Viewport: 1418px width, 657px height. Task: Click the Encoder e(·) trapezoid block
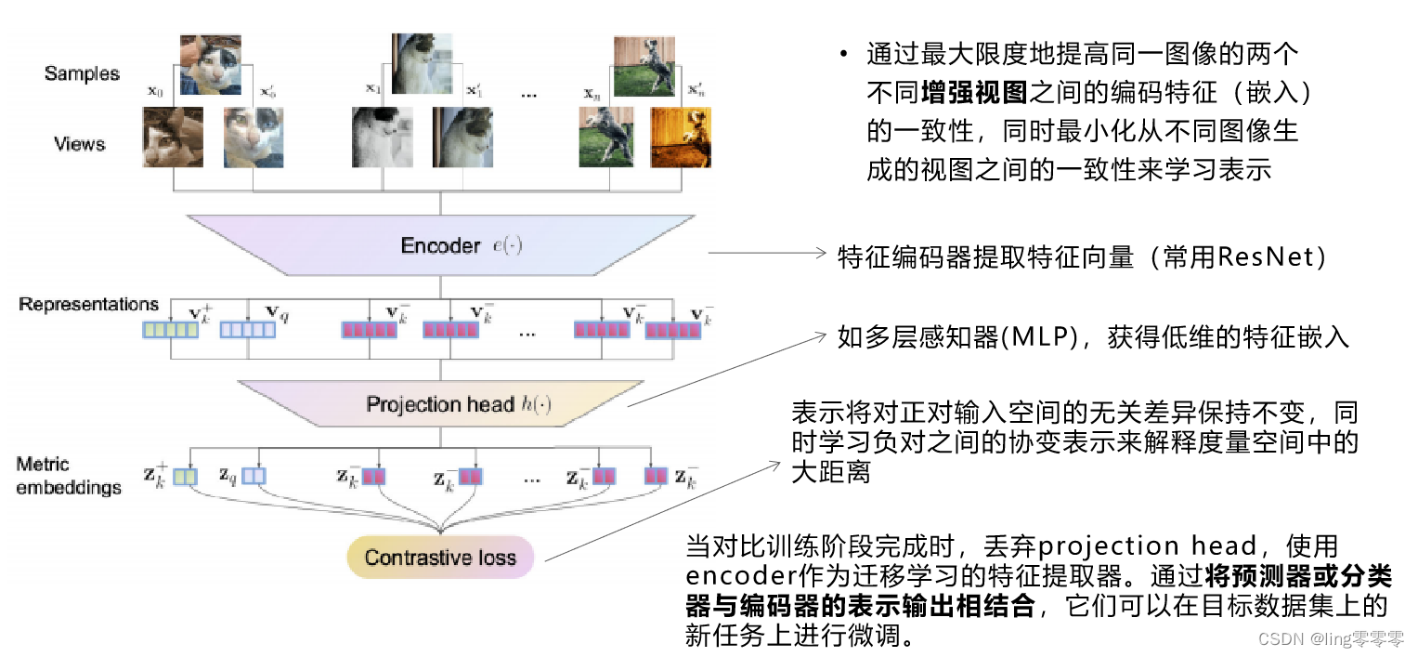point(441,245)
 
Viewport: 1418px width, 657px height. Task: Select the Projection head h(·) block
point(441,404)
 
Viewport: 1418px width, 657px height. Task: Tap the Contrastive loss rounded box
point(440,558)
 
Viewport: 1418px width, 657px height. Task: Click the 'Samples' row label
point(82,73)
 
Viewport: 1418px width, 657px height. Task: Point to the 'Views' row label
point(80,144)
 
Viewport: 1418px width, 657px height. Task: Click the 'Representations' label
point(88,305)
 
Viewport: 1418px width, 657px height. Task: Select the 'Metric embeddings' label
point(68,476)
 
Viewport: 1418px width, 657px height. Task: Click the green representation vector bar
point(169,330)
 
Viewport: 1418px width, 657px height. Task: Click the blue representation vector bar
point(247,330)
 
